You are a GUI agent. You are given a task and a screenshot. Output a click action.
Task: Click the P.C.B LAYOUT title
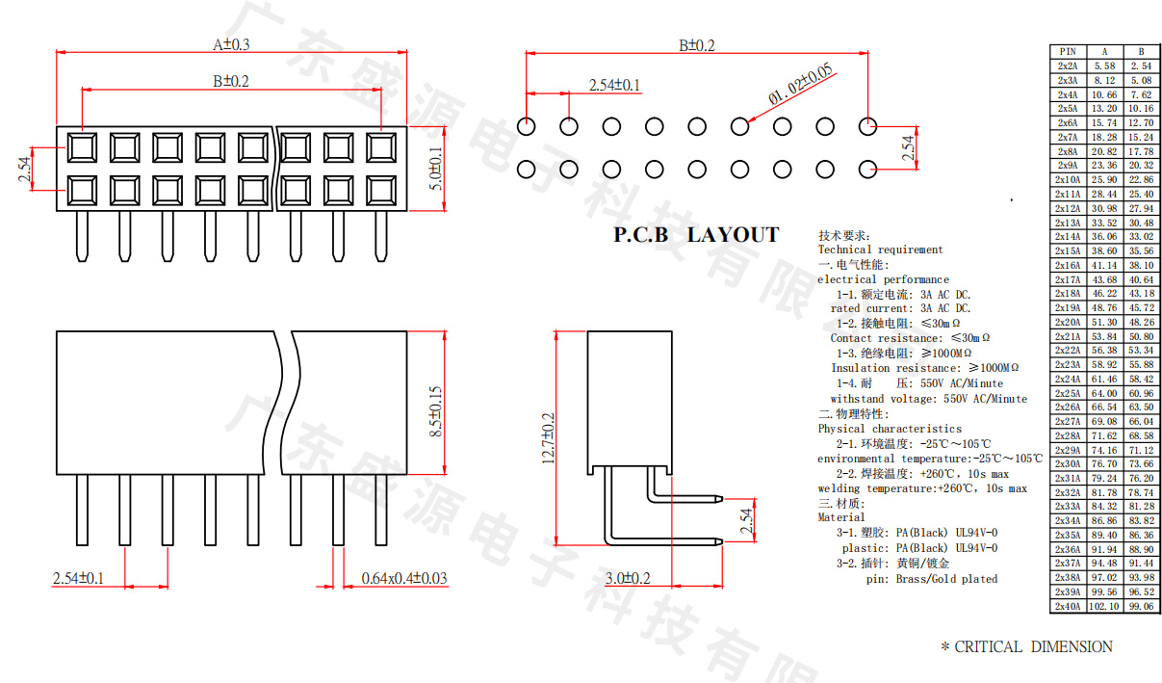click(696, 235)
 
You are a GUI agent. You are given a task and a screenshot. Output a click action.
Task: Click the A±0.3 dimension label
click(231, 44)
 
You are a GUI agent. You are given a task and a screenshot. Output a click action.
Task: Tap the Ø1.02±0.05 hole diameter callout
click(800, 84)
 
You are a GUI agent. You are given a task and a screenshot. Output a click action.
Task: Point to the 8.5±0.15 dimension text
click(436, 413)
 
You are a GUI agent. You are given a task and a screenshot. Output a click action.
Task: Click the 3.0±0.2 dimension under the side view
click(628, 578)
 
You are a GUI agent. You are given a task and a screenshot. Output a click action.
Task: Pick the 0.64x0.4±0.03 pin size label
click(404, 578)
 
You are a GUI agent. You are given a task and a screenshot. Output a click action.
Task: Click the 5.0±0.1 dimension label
click(436, 169)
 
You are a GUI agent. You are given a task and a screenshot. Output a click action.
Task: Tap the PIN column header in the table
click(1068, 51)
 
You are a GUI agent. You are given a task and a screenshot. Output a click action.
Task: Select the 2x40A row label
click(1068, 606)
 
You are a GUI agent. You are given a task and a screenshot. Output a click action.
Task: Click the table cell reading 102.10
click(1104, 606)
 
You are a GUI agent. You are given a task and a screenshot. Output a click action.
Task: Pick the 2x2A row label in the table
click(1068, 66)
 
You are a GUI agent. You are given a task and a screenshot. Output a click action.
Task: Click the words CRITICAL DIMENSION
click(1033, 647)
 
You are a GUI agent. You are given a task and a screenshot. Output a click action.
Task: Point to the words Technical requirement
click(881, 250)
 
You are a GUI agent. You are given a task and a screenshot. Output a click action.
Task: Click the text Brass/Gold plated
click(946, 579)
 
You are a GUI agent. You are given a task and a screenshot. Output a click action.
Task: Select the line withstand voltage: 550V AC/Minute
click(928, 399)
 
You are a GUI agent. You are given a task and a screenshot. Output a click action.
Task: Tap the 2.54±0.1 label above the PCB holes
click(614, 85)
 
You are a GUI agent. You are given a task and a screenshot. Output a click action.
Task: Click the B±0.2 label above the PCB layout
click(697, 45)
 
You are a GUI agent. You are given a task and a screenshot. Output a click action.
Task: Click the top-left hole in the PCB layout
click(527, 126)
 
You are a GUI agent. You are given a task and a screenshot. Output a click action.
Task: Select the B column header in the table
click(1141, 51)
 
